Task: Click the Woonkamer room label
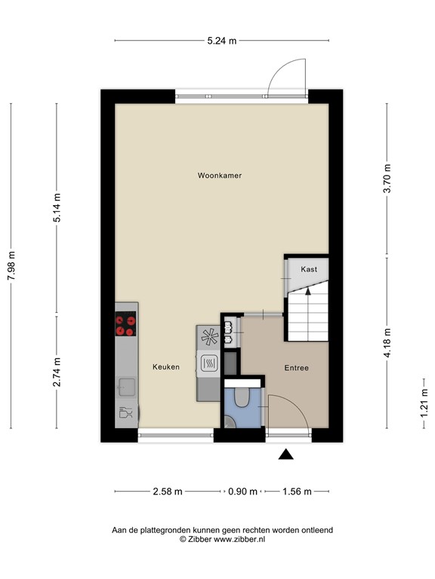(x=219, y=176)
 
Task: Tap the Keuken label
(x=166, y=366)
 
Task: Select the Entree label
(x=296, y=368)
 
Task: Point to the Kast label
(x=309, y=269)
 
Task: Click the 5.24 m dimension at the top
(x=221, y=41)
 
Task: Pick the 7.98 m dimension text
(x=11, y=265)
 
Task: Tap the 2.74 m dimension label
(x=57, y=372)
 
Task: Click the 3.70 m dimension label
(x=387, y=179)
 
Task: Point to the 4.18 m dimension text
(x=387, y=343)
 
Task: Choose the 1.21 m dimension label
(x=424, y=403)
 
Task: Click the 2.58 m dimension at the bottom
(x=168, y=492)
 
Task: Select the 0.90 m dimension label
(x=242, y=492)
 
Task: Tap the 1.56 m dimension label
(x=297, y=492)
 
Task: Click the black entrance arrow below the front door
(x=285, y=455)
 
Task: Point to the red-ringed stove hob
(x=125, y=324)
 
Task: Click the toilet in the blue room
(x=242, y=397)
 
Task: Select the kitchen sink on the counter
(x=125, y=387)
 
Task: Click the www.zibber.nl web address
(x=239, y=540)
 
